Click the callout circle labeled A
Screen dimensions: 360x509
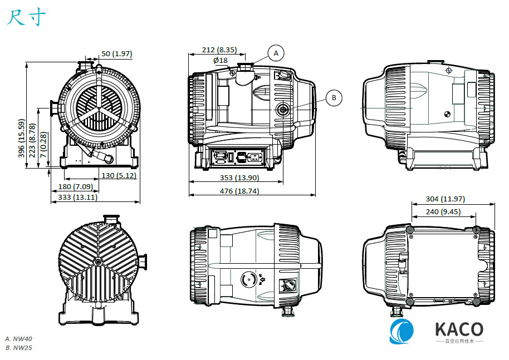(x=275, y=53)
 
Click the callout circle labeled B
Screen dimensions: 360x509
(x=334, y=98)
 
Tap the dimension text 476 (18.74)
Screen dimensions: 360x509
(x=239, y=191)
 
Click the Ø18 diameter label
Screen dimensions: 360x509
(x=220, y=60)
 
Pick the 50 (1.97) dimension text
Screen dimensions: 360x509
(x=116, y=54)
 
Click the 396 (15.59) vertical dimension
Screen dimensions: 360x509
(x=22, y=139)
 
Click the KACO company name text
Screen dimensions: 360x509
(x=458, y=329)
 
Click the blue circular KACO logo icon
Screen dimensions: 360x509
(x=402, y=332)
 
